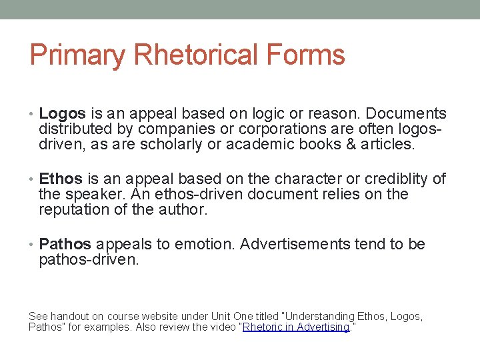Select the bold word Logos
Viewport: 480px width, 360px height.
(61, 114)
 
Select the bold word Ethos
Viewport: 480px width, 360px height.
(61, 179)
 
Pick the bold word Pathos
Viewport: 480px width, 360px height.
(65, 245)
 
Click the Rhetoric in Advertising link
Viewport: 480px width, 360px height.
(296, 327)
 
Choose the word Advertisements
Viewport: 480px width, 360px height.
(295, 245)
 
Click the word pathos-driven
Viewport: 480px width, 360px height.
(89, 260)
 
